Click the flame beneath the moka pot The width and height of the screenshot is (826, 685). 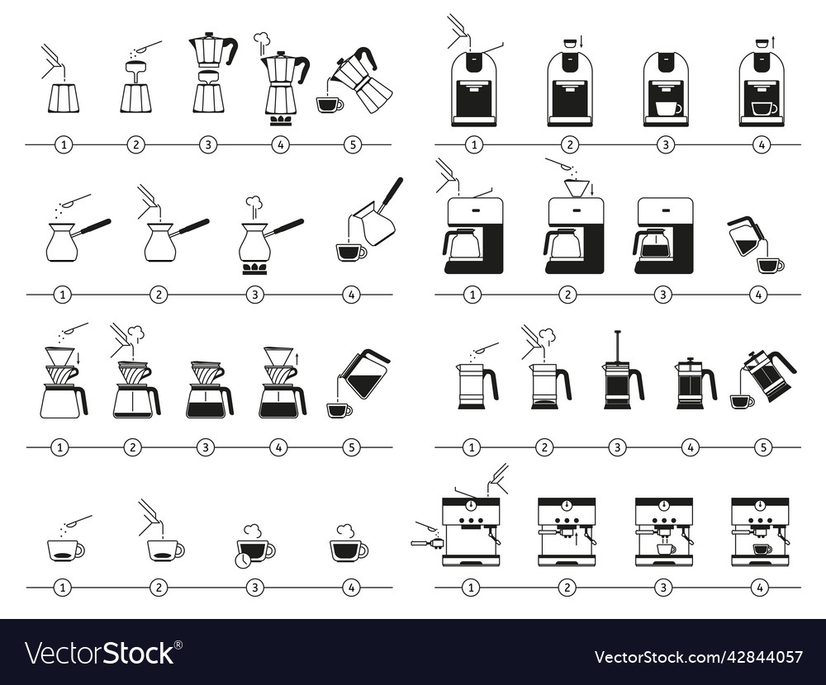pos(281,120)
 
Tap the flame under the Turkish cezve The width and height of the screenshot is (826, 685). pos(254,268)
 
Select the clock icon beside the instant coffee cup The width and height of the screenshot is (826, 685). pos(243,560)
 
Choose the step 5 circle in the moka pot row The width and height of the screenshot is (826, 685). pos(353,144)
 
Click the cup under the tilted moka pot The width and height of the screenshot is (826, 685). pos(329,105)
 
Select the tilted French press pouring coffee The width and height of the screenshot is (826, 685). pos(768,376)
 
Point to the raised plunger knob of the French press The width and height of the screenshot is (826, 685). pos(616,333)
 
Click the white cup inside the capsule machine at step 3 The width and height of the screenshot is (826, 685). pos(666,108)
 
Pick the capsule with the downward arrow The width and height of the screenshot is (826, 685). pos(568,43)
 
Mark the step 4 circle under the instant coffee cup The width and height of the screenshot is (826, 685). pos(352,588)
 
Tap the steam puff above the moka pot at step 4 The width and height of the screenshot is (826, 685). pos(262,39)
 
